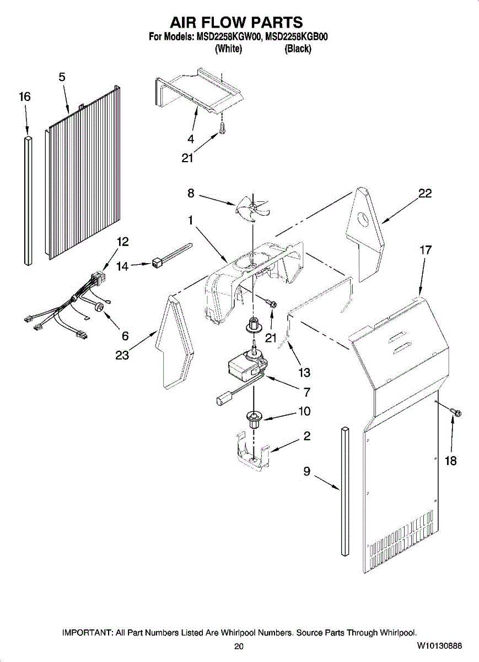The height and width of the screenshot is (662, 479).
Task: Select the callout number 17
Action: pyautogui.click(x=425, y=250)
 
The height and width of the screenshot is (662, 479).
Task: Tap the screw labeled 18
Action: pyautogui.click(x=455, y=411)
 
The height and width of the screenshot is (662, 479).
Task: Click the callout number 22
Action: pyautogui.click(x=424, y=194)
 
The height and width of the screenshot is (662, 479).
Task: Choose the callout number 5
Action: pyautogui.click(x=62, y=77)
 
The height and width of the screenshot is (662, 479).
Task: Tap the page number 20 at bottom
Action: pyautogui.click(x=239, y=647)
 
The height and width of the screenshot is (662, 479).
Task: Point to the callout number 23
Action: pyautogui.click(x=122, y=356)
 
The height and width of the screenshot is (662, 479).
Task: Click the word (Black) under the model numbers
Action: pyautogui.click(x=298, y=49)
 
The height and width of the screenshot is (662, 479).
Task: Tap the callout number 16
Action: pyautogui.click(x=24, y=97)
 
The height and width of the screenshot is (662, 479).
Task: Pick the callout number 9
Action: pyautogui.click(x=307, y=471)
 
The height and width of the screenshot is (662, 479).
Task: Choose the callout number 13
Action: pyautogui.click(x=304, y=373)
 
